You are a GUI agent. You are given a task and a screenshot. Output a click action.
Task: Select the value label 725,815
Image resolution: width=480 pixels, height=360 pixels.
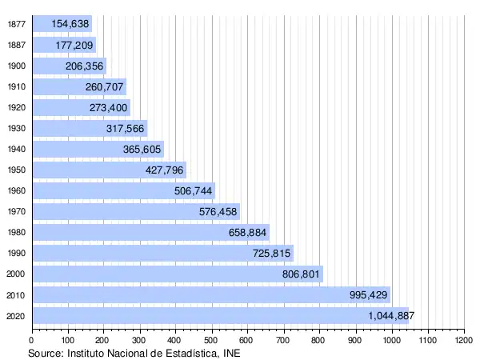point(271,254)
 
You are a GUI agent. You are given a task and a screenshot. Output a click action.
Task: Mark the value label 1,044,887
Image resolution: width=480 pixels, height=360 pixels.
point(387,316)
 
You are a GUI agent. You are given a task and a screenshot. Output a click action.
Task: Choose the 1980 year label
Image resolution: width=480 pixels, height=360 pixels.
point(15,233)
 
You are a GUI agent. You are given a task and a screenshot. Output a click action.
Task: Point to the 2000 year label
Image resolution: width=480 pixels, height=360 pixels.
point(15,274)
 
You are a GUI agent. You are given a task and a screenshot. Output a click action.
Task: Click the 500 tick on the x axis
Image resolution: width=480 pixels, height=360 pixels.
point(212,341)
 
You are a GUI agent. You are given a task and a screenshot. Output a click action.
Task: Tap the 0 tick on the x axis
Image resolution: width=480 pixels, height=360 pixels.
point(32,341)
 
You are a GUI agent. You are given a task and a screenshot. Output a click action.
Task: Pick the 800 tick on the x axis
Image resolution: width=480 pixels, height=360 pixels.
point(320,341)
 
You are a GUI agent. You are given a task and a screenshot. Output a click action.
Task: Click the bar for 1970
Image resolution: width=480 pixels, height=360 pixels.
point(136,212)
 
